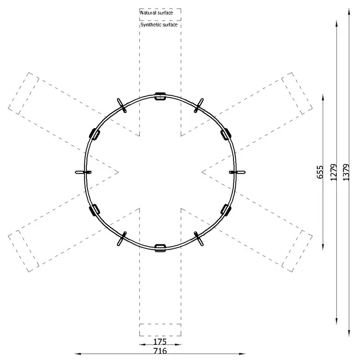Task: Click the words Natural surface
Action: [157, 12]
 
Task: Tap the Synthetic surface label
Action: [159, 25]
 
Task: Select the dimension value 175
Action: [160, 341]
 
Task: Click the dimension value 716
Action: [160, 351]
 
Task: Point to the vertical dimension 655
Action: [320, 172]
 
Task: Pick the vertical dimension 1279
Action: [333, 172]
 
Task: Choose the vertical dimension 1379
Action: [346, 172]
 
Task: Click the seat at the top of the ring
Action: [160, 96]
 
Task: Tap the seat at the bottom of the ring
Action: [160, 248]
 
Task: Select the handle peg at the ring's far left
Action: [83, 172]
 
